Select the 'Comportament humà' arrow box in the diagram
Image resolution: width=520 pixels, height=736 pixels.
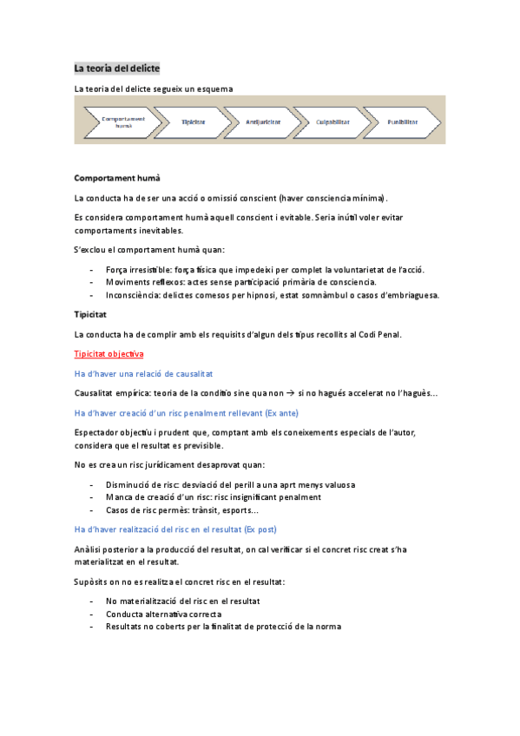click(x=123, y=122)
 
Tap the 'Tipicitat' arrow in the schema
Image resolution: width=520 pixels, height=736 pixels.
click(x=194, y=122)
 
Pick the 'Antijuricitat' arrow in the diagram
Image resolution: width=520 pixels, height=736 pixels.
click(x=262, y=122)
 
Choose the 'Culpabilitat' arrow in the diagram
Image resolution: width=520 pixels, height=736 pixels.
click(x=332, y=122)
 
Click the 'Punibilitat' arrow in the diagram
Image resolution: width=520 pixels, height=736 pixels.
click(x=402, y=122)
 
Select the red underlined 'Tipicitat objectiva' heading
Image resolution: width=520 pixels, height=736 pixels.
click(x=109, y=354)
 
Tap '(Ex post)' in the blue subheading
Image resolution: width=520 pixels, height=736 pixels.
click(x=263, y=529)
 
